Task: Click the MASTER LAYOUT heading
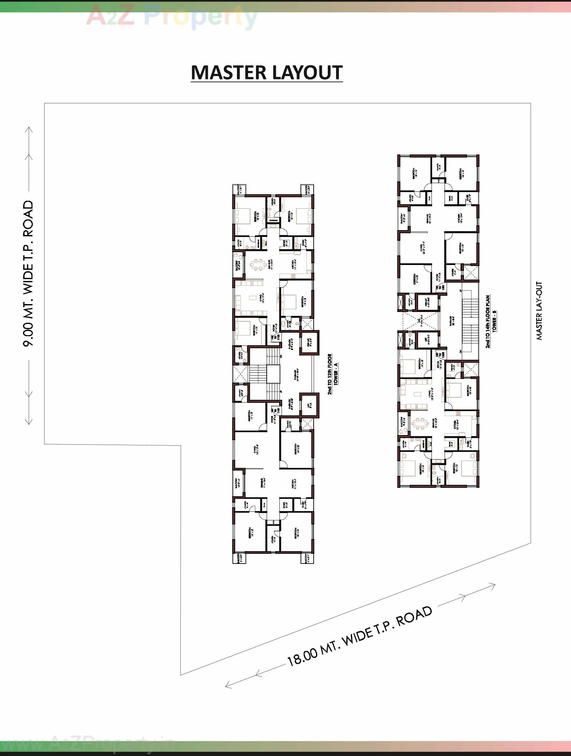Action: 267,73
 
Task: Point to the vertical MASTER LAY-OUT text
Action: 539,311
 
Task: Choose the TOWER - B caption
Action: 494,321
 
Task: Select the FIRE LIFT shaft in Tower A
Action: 309,342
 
